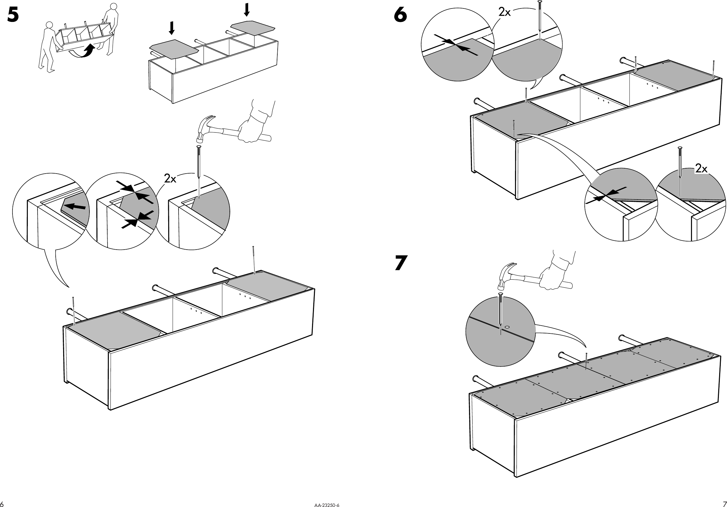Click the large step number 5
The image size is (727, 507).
[13, 15]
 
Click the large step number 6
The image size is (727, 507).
[400, 15]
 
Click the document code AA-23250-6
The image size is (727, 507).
[326, 505]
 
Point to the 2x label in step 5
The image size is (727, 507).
[170, 179]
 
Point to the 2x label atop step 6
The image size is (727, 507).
[504, 12]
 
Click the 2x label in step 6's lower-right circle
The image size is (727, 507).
[701, 169]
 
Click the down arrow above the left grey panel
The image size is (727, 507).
[171, 28]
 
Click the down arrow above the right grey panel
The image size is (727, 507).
[246, 9]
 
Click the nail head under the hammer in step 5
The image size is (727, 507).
[199, 147]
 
